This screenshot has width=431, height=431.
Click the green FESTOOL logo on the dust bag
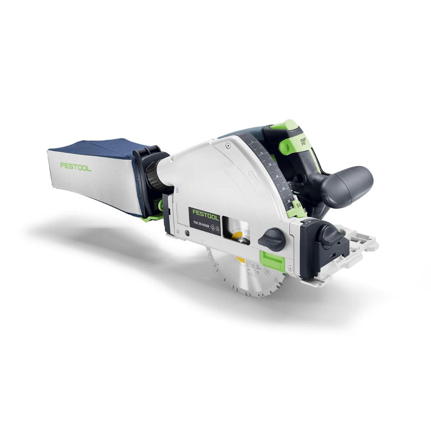[75, 166]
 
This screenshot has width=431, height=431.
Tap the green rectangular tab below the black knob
[272, 258]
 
